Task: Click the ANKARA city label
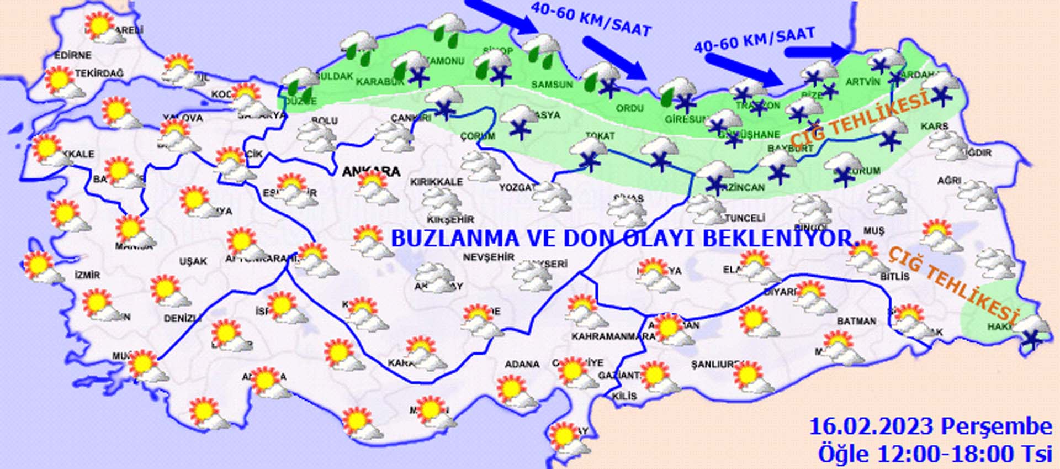point(371,172)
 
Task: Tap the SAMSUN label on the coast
point(552,85)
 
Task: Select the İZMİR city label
point(87,275)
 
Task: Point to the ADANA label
point(522,364)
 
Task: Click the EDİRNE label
point(72,55)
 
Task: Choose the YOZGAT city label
point(517,188)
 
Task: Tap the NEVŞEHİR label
point(489,257)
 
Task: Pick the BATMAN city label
point(856,321)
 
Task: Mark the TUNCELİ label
point(745,218)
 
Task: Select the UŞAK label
point(193,261)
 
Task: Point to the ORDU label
point(629,108)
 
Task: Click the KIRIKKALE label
point(436,181)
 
